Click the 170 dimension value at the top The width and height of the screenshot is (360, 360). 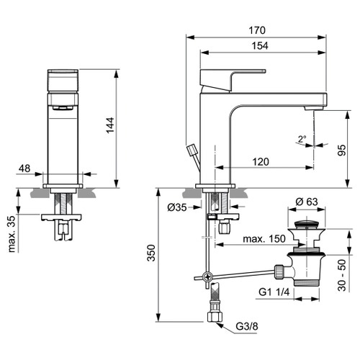(x=257, y=30)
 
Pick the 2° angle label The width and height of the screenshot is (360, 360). (x=302, y=138)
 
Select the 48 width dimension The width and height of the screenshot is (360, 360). (x=24, y=168)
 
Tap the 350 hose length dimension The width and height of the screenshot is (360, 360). (x=149, y=255)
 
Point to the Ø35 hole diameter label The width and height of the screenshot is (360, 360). (x=178, y=207)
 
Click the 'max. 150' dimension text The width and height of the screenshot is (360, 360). (x=263, y=238)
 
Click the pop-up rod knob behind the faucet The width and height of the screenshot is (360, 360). (x=191, y=150)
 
